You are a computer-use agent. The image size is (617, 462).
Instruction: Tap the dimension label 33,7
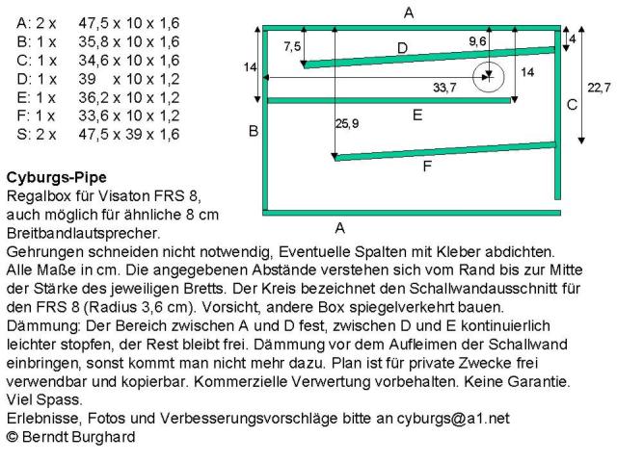pyautogui.click(x=444, y=88)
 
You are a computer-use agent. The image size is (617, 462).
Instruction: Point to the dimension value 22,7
pyautogui.click(x=599, y=88)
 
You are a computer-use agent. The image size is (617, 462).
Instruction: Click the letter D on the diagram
pyautogui.click(x=402, y=47)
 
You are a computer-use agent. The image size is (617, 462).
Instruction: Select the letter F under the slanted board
pyautogui.click(x=426, y=167)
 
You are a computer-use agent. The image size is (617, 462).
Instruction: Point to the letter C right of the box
pyautogui.click(x=572, y=103)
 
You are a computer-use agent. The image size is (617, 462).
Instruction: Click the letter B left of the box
pyautogui.click(x=254, y=131)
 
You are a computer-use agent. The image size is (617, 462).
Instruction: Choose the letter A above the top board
pyautogui.click(x=409, y=13)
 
